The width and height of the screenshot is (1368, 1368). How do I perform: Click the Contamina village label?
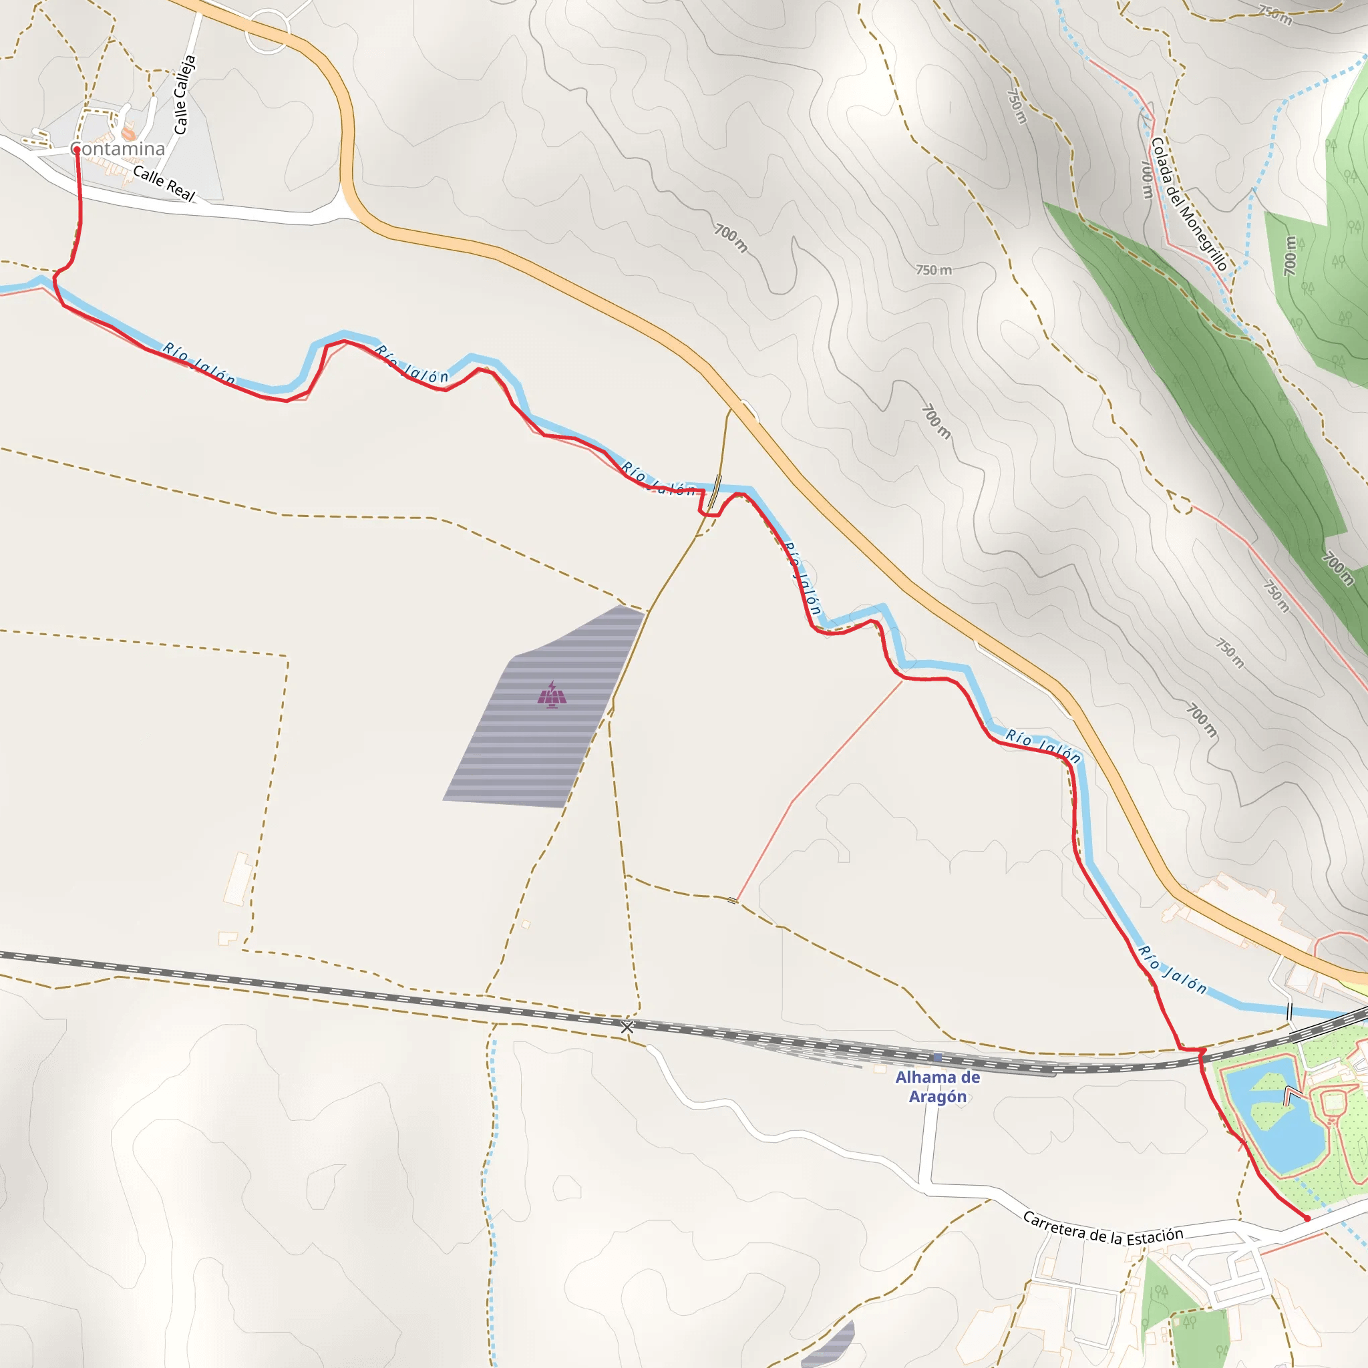[118, 149]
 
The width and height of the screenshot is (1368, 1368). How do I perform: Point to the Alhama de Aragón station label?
[937, 1086]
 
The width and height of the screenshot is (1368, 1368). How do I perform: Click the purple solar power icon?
[552, 695]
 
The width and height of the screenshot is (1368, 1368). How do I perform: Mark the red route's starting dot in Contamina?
[76, 150]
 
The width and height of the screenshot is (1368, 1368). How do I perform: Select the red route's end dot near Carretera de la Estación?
[1307, 1218]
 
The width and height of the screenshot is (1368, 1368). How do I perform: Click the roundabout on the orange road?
[267, 31]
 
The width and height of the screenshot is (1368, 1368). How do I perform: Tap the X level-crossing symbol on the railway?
[627, 1027]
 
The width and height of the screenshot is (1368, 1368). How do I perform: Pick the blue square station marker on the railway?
[937, 1057]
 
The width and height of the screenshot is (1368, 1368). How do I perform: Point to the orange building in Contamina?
[128, 132]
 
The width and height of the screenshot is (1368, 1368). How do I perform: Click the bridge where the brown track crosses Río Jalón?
[716, 491]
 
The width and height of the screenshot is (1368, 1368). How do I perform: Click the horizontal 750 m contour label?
[934, 270]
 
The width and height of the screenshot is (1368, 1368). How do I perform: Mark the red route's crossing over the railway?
[1201, 1056]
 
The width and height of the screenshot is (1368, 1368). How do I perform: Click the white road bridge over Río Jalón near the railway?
[1289, 1012]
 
